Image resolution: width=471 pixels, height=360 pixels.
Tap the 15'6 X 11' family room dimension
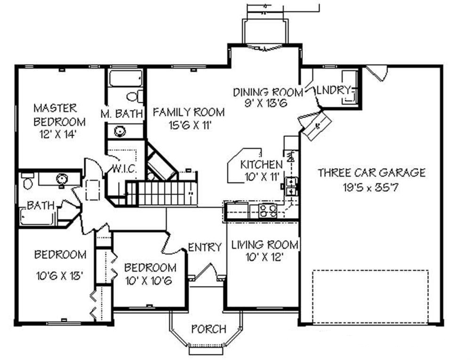(188, 125)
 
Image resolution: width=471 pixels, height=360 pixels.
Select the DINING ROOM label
(263, 91)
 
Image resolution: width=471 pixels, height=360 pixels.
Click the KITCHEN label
(261, 164)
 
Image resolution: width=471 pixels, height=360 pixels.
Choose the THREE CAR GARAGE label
(371, 172)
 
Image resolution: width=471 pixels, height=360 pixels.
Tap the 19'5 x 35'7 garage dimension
(372, 188)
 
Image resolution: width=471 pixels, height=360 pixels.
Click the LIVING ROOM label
(264, 245)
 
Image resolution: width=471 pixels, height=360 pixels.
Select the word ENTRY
(204, 247)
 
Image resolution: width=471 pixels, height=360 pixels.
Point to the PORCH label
(209, 328)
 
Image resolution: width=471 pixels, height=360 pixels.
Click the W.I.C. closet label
(124, 168)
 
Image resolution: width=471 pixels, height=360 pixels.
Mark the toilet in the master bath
(134, 97)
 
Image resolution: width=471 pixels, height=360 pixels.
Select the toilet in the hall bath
(27, 182)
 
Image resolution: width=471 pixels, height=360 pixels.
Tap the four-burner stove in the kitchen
(268, 210)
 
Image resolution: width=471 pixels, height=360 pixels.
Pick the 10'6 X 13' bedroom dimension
(59, 275)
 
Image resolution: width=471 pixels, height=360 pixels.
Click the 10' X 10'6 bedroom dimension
(150, 282)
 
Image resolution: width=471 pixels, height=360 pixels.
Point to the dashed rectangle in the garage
(370, 296)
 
